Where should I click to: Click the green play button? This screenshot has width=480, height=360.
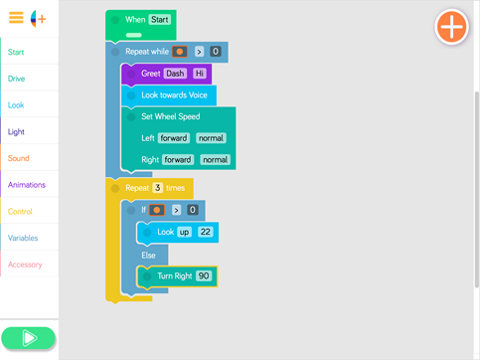point(28,338)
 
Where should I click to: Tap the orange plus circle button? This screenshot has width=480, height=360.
point(452,27)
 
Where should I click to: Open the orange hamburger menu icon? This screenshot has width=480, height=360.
point(16,18)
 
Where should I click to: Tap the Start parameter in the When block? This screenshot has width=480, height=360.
point(160,20)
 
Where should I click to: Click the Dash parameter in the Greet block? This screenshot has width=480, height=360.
point(175,74)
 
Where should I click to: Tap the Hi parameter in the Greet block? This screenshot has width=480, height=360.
point(200,74)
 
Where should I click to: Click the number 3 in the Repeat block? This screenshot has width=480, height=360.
point(157,188)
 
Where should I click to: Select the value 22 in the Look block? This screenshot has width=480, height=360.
point(206,232)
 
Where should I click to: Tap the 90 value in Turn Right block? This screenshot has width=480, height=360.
point(204,275)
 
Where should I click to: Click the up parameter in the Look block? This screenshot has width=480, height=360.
point(184,232)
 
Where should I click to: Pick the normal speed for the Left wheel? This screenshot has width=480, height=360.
point(211,138)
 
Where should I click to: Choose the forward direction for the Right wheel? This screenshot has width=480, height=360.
point(178,160)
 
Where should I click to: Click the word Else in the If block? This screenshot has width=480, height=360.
point(148,256)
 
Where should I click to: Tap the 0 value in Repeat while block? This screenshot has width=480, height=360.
point(216,52)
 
